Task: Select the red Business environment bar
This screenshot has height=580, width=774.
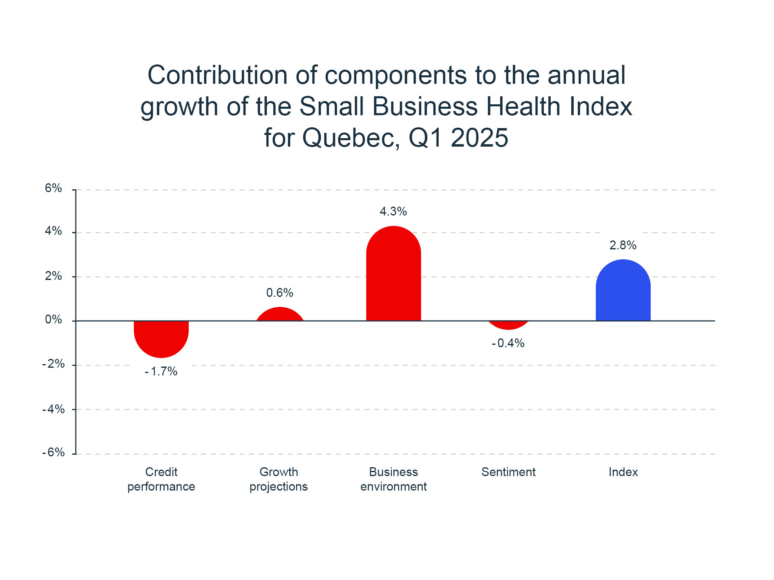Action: pos(393,274)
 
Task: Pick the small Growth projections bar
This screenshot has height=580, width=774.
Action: pos(280,315)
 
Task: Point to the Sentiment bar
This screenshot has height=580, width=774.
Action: pos(508,325)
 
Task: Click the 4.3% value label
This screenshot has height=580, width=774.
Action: pos(393,211)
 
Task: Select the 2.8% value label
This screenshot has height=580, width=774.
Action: pos(623,245)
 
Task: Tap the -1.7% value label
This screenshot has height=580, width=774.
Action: pos(161,371)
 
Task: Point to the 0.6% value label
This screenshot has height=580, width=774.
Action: pos(280,293)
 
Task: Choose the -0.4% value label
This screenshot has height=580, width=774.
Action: pos(508,343)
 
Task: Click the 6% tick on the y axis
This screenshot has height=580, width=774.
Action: pos(54,188)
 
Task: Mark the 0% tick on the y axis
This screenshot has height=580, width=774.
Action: pos(54,320)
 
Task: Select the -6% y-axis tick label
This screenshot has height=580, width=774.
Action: pos(54,452)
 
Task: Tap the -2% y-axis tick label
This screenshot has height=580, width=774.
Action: pos(54,364)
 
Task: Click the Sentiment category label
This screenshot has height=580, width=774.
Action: pos(508,472)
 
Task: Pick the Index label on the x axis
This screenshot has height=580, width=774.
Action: pos(623,472)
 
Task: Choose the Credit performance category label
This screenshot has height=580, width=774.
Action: pos(161,479)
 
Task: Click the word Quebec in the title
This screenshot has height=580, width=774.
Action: pos(351,138)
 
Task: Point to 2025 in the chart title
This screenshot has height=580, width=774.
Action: pos(479,138)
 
